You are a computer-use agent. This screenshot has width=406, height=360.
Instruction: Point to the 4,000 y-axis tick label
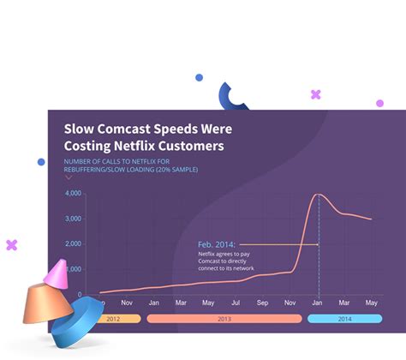(x=74, y=194)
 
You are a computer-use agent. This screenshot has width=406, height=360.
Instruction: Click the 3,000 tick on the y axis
(x=74, y=219)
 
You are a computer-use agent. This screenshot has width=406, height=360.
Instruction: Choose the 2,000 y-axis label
(x=74, y=243)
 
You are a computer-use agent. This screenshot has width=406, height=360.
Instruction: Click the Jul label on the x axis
(x=236, y=303)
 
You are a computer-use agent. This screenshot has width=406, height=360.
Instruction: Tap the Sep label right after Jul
(x=263, y=303)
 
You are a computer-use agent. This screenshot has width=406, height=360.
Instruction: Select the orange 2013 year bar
(x=224, y=318)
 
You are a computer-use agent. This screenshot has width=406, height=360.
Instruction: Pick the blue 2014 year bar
(x=343, y=318)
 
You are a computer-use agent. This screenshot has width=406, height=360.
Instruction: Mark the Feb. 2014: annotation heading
(x=216, y=244)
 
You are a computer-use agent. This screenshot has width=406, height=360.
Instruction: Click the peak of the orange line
(x=319, y=195)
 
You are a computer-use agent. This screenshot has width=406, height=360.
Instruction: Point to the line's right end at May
(x=371, y=219)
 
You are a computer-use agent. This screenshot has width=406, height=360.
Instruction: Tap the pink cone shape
(x=57, y=273)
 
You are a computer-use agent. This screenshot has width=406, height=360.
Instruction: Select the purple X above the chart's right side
(x=316, y=94)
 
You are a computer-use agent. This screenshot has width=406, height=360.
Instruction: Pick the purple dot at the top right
(x=379, y=103)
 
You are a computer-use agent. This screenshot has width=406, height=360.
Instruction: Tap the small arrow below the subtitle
(x=69, y=177)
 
